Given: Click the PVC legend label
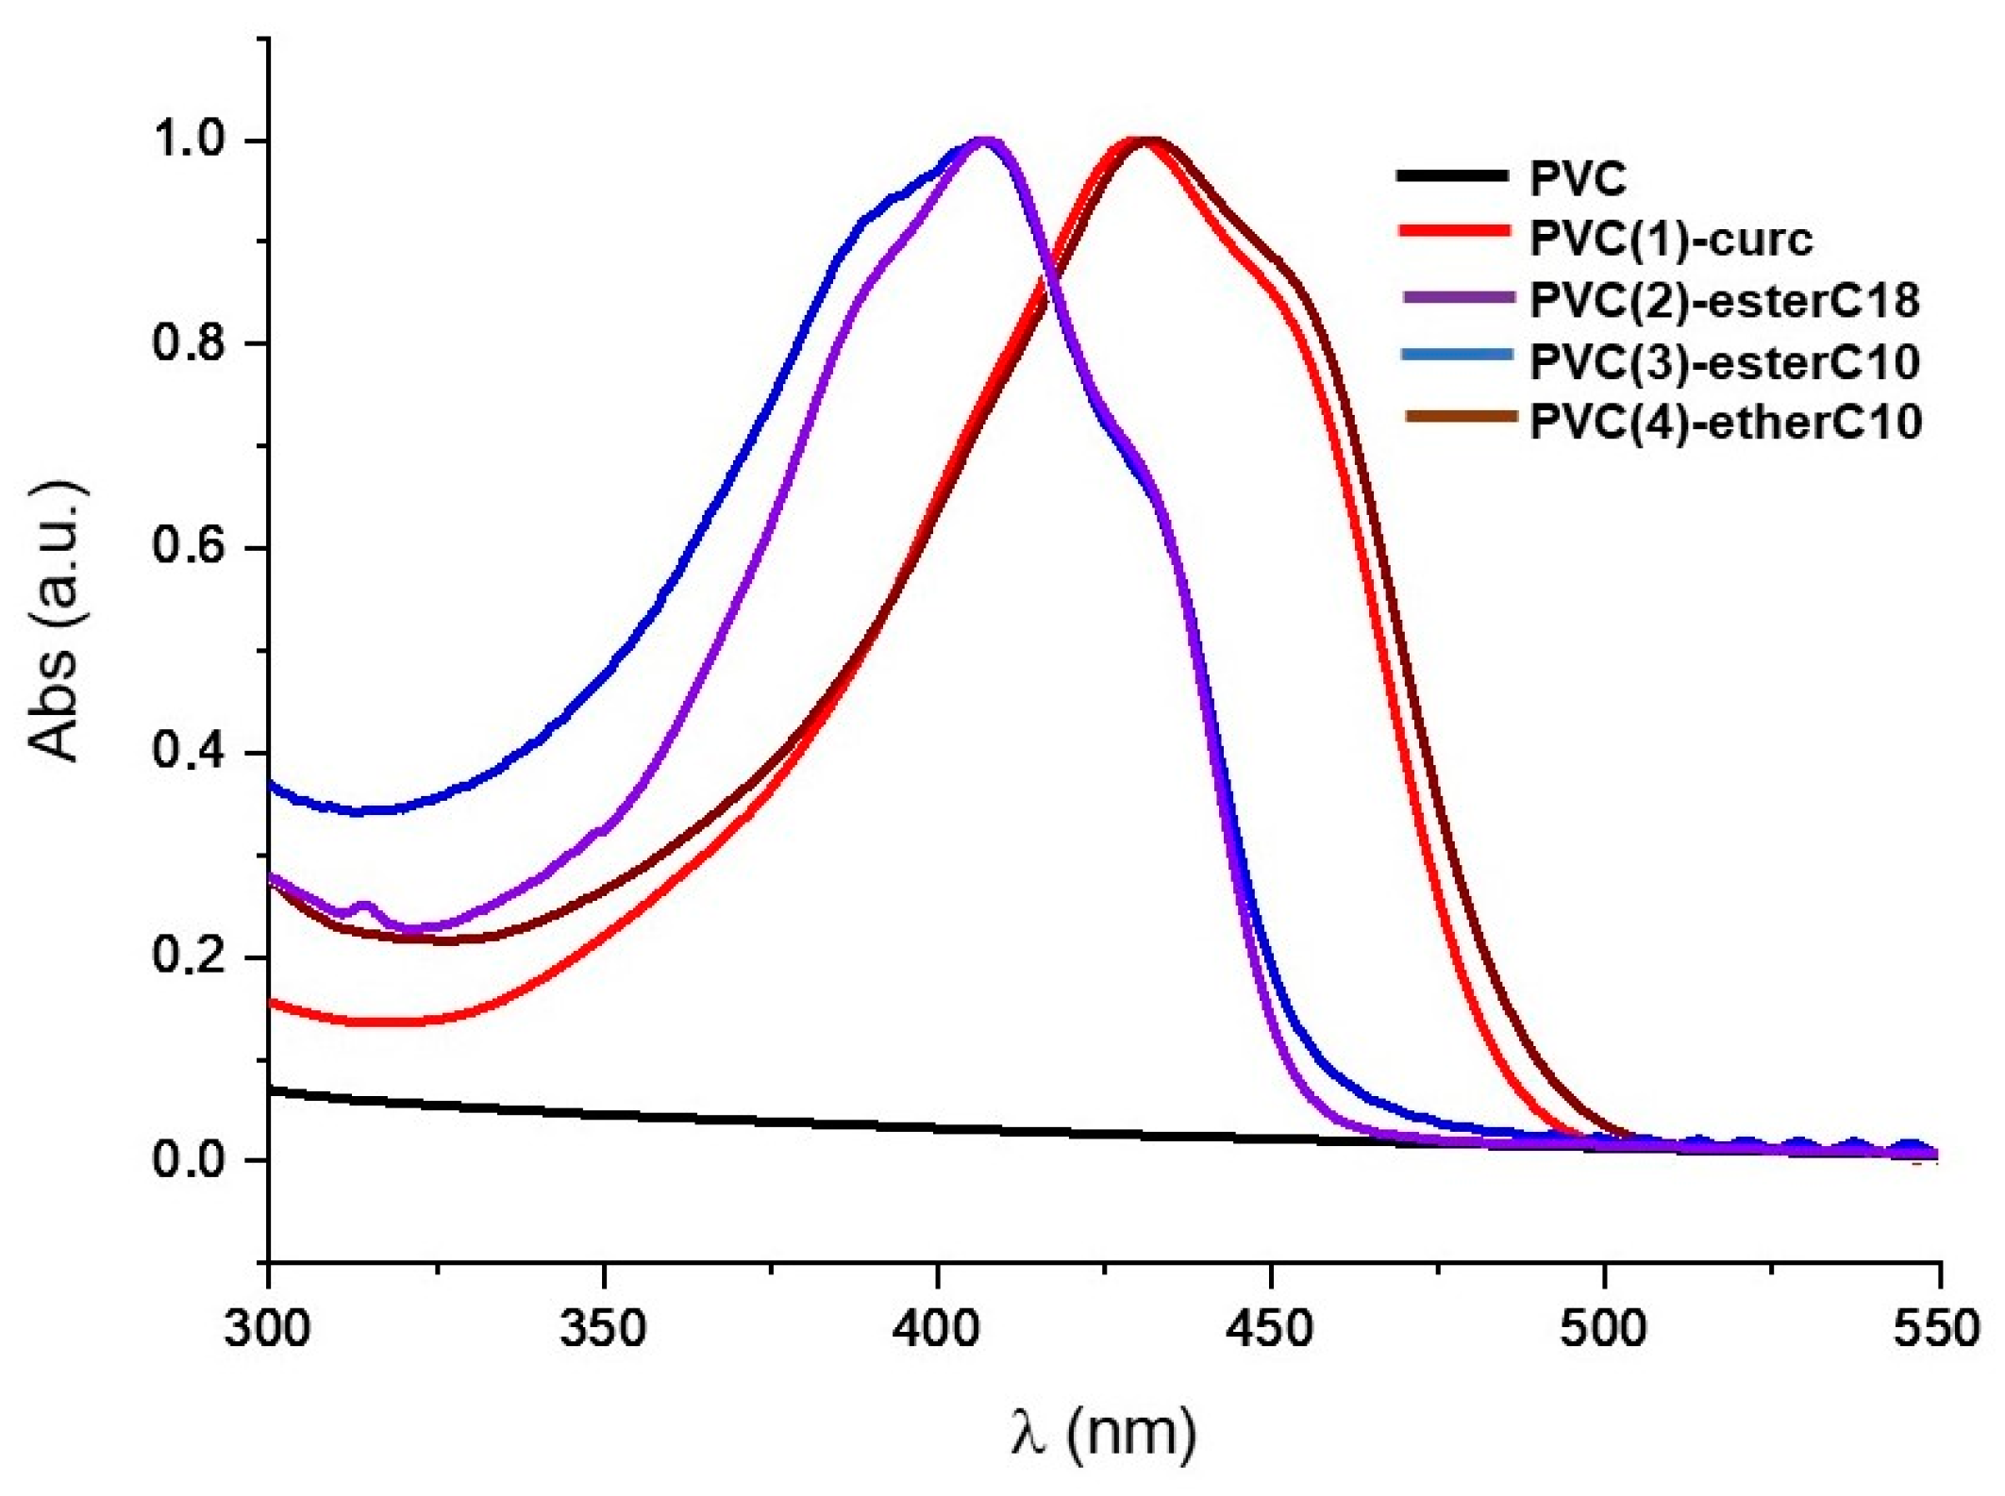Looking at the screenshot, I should coord(1578,177).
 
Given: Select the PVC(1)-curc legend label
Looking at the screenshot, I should coord(1671,239).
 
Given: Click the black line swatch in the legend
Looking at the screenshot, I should coord(1453,175).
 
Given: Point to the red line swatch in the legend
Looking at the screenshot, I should coord(1453,230).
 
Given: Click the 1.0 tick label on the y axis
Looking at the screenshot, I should coord(190,139).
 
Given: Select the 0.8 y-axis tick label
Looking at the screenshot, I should coord(190,342).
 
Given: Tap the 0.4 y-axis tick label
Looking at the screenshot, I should coord(190,752).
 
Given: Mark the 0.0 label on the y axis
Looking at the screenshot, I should coord(190,1159).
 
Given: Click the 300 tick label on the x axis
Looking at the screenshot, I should coord(267,1328).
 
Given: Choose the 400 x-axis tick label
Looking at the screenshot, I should coord(937,1328).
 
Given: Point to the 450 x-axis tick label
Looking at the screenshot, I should coord(1270,1328).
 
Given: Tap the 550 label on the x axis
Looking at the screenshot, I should coord(1938,1328).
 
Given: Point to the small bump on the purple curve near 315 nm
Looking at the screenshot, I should coord(364,906).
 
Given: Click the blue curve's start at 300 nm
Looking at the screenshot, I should coord(272,784).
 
